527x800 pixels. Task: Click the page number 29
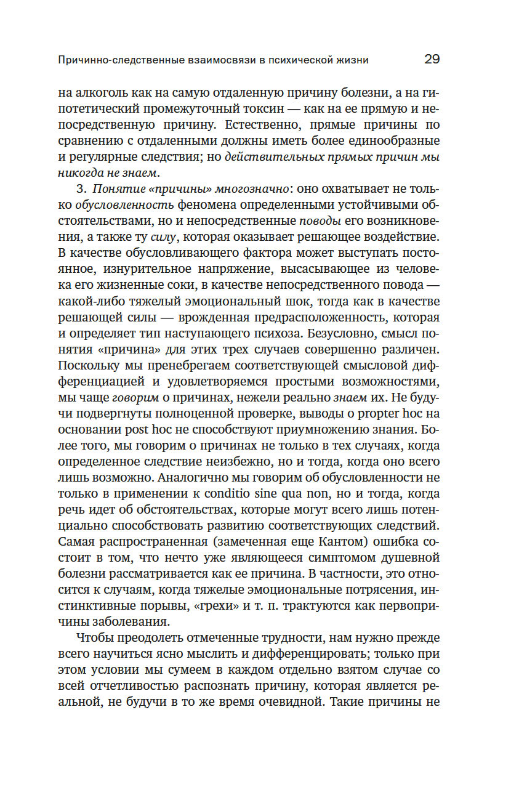coord(432,60)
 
